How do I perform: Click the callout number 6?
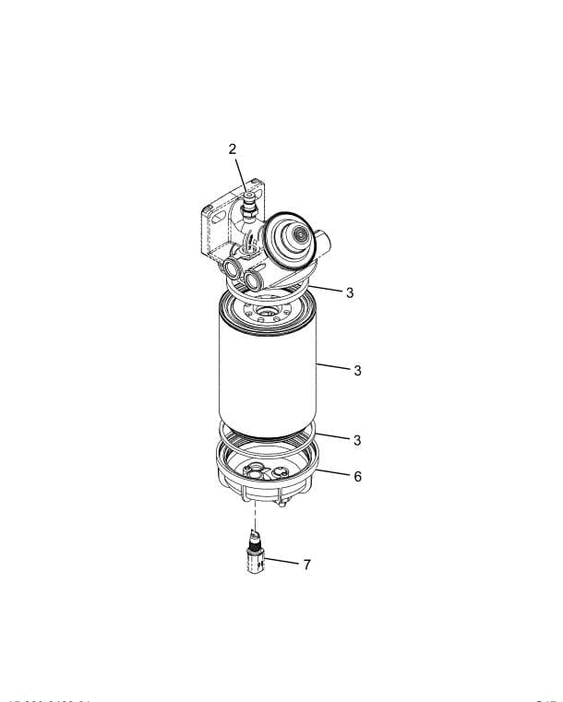[x=357, y=476]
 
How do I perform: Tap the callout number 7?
[x=306, y=564]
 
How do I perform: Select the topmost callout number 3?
[x=350, y=292]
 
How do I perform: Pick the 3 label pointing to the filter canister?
[x=357, y=371]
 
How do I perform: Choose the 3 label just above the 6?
[x=357, y=439]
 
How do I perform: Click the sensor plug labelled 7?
[x=256, y=559]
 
